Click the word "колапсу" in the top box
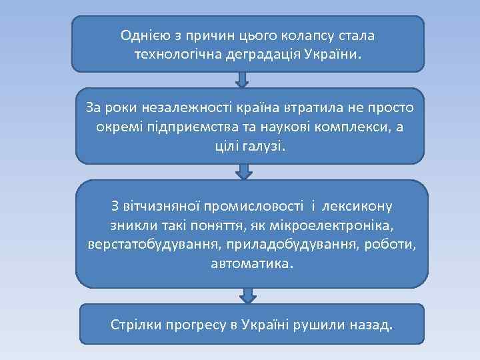[319, 34]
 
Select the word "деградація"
[263, 53]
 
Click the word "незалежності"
[172, 107]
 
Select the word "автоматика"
[251, 263]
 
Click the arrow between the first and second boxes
[243, 79]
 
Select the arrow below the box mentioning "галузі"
[245, 171]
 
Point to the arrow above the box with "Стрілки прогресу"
[248, 295]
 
